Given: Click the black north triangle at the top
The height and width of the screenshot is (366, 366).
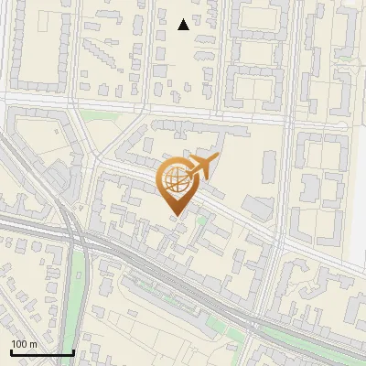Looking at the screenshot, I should pos(183,25).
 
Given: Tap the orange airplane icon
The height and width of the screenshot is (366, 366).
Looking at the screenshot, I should pos(204,167).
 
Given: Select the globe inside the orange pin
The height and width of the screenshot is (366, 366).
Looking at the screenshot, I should pos(174,179).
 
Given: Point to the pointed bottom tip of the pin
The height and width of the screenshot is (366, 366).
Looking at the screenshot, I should pos(175,215).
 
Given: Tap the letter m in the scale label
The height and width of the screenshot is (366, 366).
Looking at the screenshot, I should pos(34,344).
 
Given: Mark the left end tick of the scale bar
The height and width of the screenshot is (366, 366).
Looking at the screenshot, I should pos(10,352).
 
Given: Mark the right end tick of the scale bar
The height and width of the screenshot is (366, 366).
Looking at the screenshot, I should pos(73,352).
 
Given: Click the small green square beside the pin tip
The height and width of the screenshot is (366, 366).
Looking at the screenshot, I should pos(202,221).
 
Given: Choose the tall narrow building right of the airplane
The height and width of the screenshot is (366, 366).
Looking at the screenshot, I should pos(271,165).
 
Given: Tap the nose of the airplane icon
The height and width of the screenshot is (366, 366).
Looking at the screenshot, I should pos(218,159).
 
